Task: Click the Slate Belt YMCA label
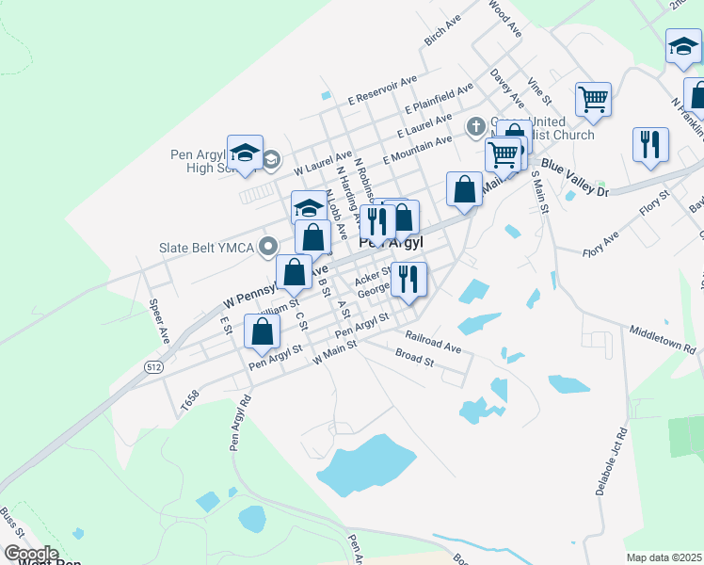(208, 250)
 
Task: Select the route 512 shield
(152, 365)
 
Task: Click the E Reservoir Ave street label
(382, 90)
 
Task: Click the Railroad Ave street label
(433, 342)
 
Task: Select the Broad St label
(414, 360)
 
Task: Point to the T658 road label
(189, 402)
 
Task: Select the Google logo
(30, 554)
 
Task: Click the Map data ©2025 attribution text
(664, 557)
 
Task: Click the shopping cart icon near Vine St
(593, 99)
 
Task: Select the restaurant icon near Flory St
(650, 144)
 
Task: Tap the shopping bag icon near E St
(263, 331)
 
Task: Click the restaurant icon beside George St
(408, 279)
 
